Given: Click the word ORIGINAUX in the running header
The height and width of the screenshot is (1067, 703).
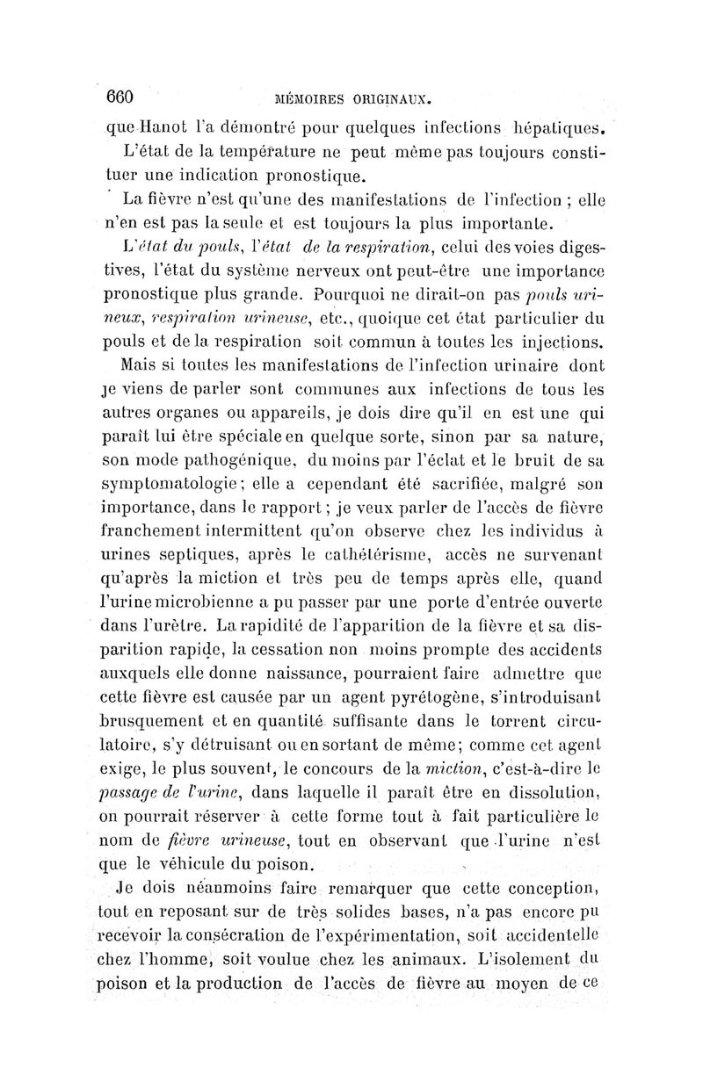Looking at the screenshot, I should (394, 99).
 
